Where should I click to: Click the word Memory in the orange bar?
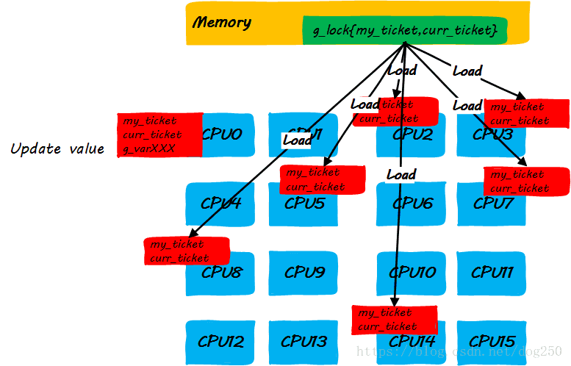point(221,23)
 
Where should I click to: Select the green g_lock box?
point(405,30)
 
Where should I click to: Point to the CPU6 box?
point(412,204)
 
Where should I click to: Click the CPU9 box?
point(304,273)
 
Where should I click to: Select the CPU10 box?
point(412,273)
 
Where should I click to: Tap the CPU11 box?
point(492,273)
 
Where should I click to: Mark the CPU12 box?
point(220,342)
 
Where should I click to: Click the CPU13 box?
point(304,342)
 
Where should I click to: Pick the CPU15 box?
point(492,342)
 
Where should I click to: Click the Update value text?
point(57,149)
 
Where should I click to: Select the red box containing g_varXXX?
point(159,135)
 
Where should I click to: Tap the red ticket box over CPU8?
point(187,251)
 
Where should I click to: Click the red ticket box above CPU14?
point(395,320)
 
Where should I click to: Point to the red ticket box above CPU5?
point(323,179)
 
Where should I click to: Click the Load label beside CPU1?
point(297,140)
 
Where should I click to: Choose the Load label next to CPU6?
point(401,175)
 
